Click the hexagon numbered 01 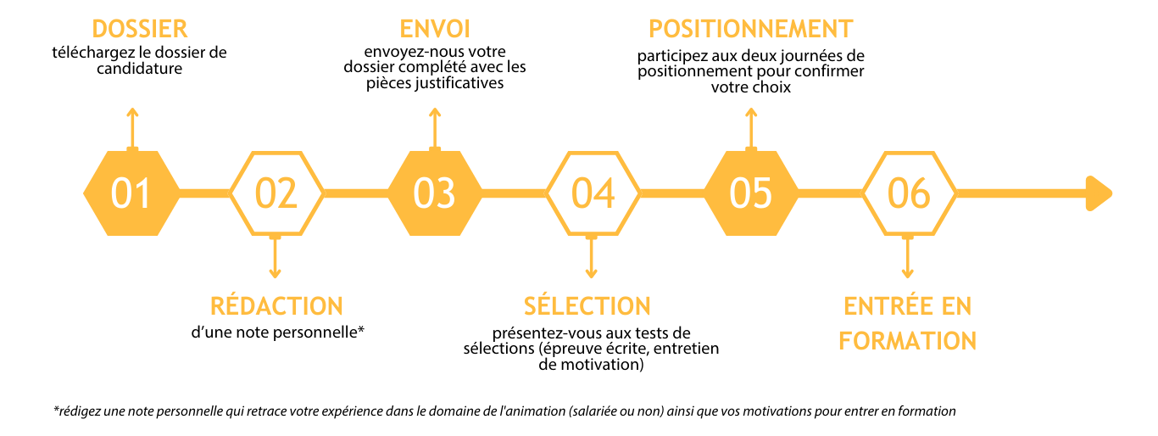click(132, 193)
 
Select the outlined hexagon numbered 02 click(276, 193)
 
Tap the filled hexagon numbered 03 click(435, 193)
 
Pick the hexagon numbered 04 click(593, 193)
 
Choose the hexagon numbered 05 click(751, 193)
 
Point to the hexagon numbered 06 click(910, 193)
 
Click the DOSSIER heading click(140, 29)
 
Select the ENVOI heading click(435, 29)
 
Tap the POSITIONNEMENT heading click(750, 29)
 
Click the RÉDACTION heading click(276, 305)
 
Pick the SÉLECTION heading click(587, 305)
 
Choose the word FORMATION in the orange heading click(907, 341)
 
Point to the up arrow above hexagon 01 click(132, 129)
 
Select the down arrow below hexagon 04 click(592, 257)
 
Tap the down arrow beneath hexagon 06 click(907, 257)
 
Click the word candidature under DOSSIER click(140, 69)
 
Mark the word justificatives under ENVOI click(459, 84)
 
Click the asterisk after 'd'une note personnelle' click(361, 329)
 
